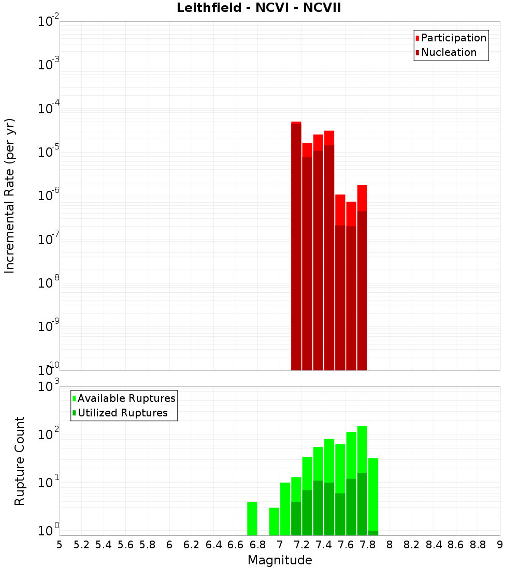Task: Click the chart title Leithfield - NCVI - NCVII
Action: (x=258, y=8)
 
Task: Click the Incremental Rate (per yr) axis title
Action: (x=10, y=196)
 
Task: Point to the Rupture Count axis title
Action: (x=20, y=461)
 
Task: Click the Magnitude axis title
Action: (x=280, y=560)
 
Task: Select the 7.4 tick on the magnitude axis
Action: (x=324, y=545)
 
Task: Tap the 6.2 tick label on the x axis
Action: (x=192, y=545)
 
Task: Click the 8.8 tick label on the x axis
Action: (x=478, y=545)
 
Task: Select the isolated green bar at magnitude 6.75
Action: (x=252, y=518)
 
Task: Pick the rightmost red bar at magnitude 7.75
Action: (x=362, y=279)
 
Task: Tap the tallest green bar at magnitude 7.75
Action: (x=362, y=450)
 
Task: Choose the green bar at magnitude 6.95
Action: (x=274, y=521)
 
